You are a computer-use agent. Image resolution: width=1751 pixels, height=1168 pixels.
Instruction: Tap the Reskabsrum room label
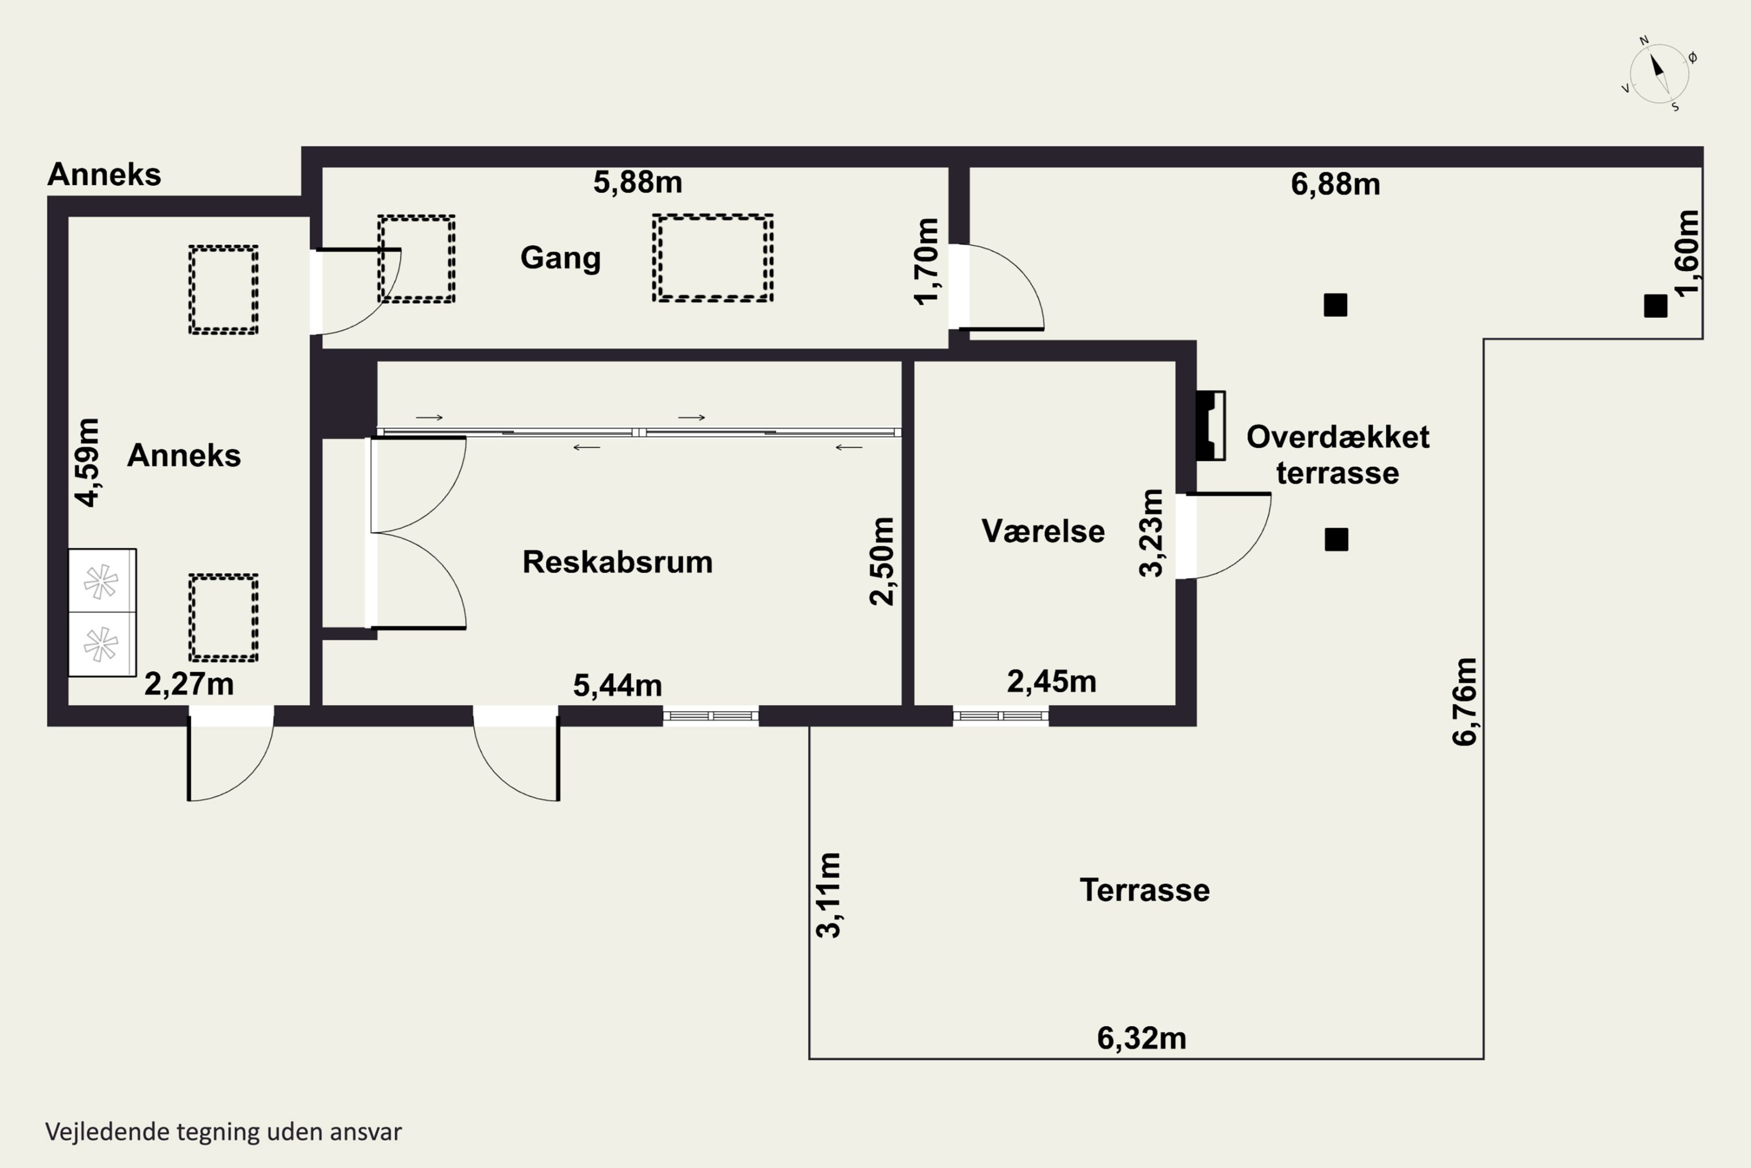click(x=617, y=562)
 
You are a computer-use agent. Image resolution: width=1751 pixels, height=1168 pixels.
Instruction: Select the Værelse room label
click(x=1042, y=531)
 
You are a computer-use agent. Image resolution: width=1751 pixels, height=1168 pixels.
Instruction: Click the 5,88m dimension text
click(x=637, y=182)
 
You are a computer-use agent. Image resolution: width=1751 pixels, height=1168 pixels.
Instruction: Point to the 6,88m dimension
click(x=1335, y=184)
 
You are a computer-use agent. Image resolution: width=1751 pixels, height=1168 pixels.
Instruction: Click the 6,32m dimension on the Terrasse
click(x=1141, y=1038)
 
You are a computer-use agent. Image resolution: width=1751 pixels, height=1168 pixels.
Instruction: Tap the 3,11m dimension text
click(x=829, y=895)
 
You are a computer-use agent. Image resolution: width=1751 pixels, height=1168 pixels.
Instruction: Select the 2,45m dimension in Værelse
click(x=1051, y=682)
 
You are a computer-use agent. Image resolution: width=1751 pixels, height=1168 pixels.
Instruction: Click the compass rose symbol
click(x=1659, y=74)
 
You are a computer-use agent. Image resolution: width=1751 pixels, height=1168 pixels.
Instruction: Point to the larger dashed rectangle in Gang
click(x=713, y=258)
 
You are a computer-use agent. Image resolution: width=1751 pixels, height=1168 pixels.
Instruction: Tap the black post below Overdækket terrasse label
click(x=1337, y=539)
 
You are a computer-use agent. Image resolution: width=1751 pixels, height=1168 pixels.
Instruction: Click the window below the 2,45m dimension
click(x=1000, y=716)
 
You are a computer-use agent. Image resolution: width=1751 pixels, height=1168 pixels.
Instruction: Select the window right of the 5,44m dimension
click(x=711, y=716)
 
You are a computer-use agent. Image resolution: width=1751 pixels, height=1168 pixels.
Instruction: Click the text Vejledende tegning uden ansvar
click(x=224, y=1132)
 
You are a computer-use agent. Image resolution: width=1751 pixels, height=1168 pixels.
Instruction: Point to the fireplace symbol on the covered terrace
click(x=1211, y=425)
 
